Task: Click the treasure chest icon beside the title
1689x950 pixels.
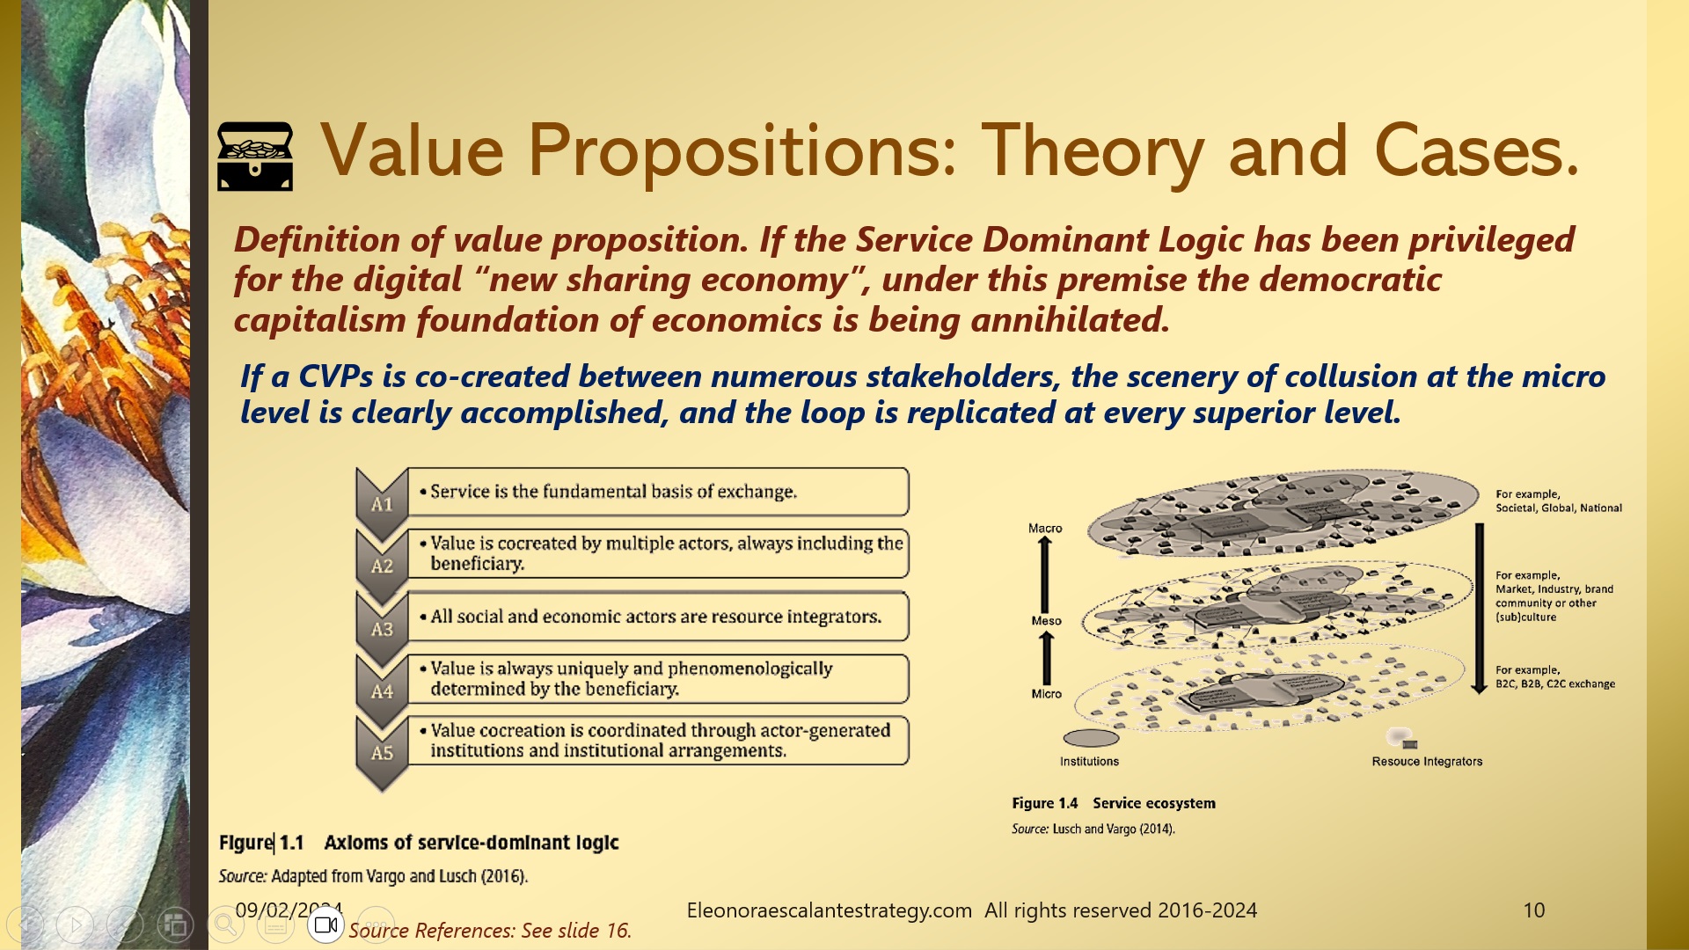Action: click(254, 156)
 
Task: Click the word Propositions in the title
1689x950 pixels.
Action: click(741, 151)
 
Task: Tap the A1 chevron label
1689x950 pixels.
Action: click(382, 504)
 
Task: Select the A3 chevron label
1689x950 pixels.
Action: click(382, 629)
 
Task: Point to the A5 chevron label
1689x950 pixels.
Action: click(382, 753)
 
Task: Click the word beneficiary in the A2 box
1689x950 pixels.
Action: click(477, 564)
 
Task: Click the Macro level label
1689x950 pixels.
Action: click(1045, 528)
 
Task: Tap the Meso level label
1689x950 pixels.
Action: click(1046, 620)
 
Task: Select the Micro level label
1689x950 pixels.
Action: click(1046, 693)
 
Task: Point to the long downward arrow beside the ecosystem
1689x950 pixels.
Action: click(1479, 608)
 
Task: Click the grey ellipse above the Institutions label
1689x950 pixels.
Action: click(1091, 738)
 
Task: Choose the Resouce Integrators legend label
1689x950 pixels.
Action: click(1426, 761)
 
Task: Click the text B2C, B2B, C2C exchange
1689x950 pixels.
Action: click(1554, 683)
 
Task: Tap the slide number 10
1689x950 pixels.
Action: click(1533, 910)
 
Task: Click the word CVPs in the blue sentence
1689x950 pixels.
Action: click(336, 376)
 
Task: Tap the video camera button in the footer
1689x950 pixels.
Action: click(325, 924)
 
